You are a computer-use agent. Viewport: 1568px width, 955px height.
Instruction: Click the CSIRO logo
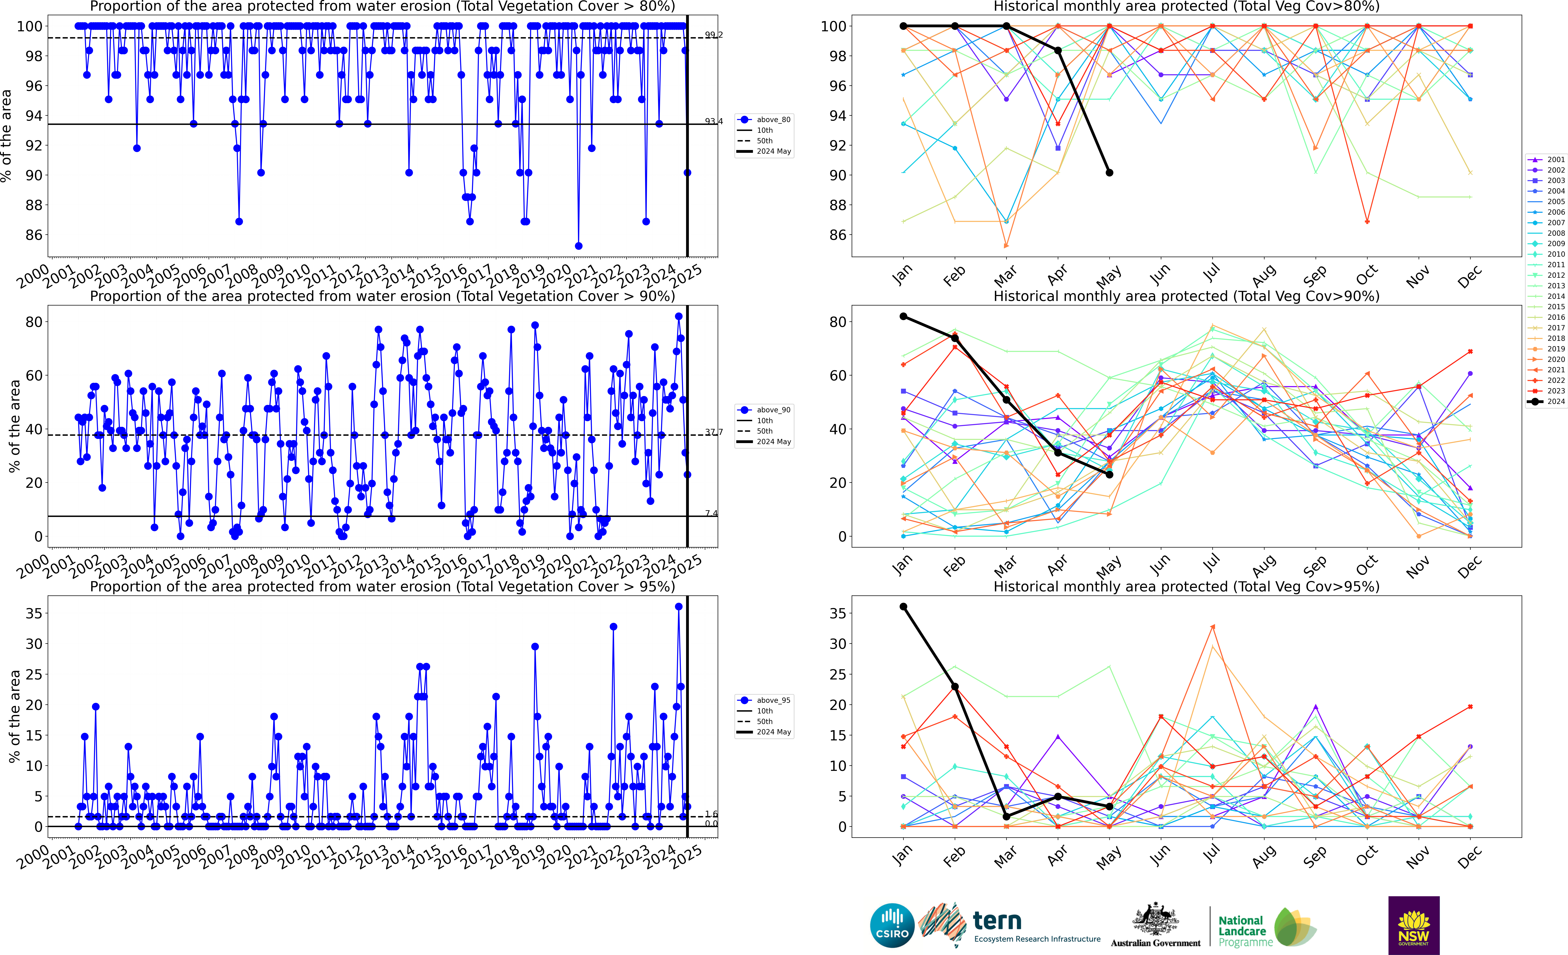[x=892, y=925]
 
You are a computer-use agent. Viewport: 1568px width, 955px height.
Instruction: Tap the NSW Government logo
[x=1413, y=925]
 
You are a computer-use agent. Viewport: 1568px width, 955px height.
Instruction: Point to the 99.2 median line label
[x=713, y=35]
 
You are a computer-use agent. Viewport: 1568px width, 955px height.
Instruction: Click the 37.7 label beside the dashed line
[x=713, y=432]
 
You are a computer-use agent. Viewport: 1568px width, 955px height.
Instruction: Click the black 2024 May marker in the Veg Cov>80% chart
[x=1109, y=173]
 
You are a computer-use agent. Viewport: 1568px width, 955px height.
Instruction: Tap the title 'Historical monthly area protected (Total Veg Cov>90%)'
[x=1186, y=296]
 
